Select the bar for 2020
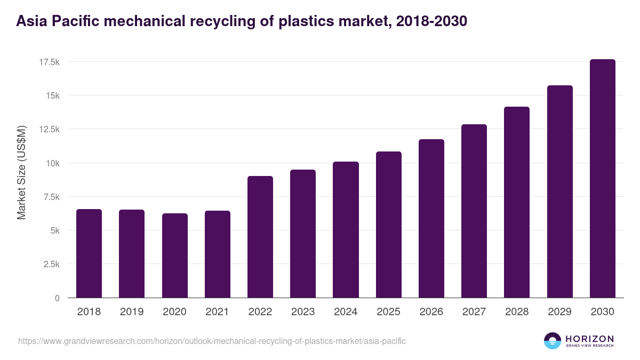pyautogui.click(x=174, y=255)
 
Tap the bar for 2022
pyautogui.click(x=260, y=237)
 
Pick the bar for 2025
pyautogui.click(x=389, y=225)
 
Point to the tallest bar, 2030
pyautogui.click(x=603, y=179)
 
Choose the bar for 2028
pyautogui.click(x=517, y=202)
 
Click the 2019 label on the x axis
pyautogui.click(x=132, y=312)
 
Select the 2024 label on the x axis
pyautogui.click(x=346, y=312)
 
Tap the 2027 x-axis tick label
pyautogui.click(x=474, y=312)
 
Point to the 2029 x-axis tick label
pyautogui.click(x=559, y=312)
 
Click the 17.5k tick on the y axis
pyautogui.click(x=49, y=62)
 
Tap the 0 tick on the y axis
pyautogui.click(x=57, y=298)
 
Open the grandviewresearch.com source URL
pyautogui.click(x=212, y=341)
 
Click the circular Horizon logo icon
pyautogui.click(x=553, y=341)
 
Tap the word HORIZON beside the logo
pyautogui.click(x=589, y=338)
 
